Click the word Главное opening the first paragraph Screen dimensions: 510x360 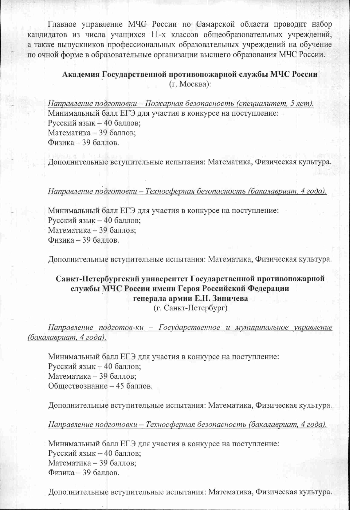coord(62,24)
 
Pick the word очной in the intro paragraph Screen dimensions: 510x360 coord(47,54)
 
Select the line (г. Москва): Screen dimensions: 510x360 coord(189,84)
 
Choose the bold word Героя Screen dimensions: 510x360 coord(189,289)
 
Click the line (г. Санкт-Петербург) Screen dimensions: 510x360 coord(190,308)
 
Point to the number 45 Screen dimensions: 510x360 coord(120,386)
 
